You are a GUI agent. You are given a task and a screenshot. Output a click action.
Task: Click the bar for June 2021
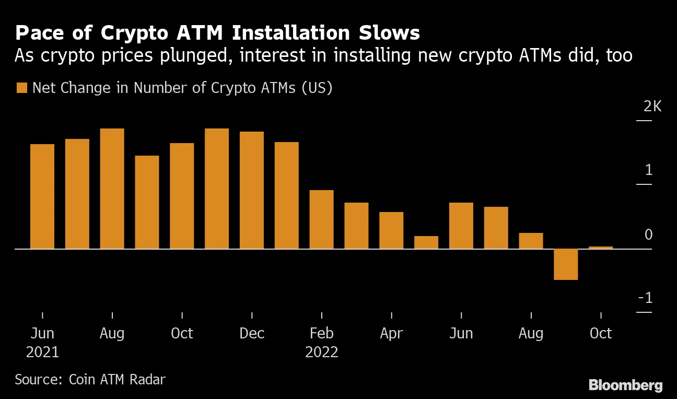pyautogui.click(x=42, y=196)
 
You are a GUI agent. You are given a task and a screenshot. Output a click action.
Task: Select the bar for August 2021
pyautogui.click(x=112, y=189)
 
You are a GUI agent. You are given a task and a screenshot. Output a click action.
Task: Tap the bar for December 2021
pyautogui.click(x=252, y=190)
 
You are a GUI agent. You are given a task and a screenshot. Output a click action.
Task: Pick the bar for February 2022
pyautogui.click(x=321, y=219)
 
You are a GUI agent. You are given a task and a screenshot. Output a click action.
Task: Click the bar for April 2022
pyautogui.click(x=391, y=230)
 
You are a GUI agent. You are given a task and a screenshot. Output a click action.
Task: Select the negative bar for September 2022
pyautogui.click(x=566, y=264)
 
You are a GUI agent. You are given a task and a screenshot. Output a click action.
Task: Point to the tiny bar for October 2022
pyautogui.click(x=601, y=248)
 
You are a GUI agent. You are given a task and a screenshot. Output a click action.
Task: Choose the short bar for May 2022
pyautogui.click(x=426, y=242)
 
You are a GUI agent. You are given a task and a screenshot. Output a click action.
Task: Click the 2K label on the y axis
pyautogui.click(x=652, y=107)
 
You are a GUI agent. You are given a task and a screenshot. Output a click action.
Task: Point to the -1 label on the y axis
pyautogui.click(x=646, y=298)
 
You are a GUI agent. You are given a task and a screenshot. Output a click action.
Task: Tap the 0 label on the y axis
pyautogui.click(x=649, y=234)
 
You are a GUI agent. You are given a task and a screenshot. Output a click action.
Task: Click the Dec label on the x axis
pyautogui.click(x=252, y=333)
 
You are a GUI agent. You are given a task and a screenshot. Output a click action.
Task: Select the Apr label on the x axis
pyautogui.click(x=391, y=333)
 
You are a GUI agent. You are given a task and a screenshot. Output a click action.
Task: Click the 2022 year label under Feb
pyautogui.click(x=322, y=352)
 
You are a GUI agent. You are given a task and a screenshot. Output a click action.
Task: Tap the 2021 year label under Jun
pyautogui.click(x=43, y=352)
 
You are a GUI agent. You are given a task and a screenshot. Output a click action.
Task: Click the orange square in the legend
pyautogui.click(x=21, y=88)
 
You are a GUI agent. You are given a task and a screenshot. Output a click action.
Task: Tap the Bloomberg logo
pyautogui.click(x=625, y=385)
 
